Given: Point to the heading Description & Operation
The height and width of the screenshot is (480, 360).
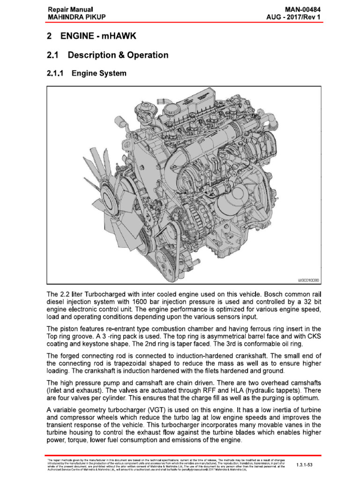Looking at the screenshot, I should click(118, 55).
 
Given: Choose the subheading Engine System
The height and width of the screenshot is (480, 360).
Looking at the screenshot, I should click(99, 74).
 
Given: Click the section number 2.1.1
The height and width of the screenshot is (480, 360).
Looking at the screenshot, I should click(57, 74).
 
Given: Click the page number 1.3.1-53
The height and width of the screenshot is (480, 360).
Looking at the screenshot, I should click(307, 465).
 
